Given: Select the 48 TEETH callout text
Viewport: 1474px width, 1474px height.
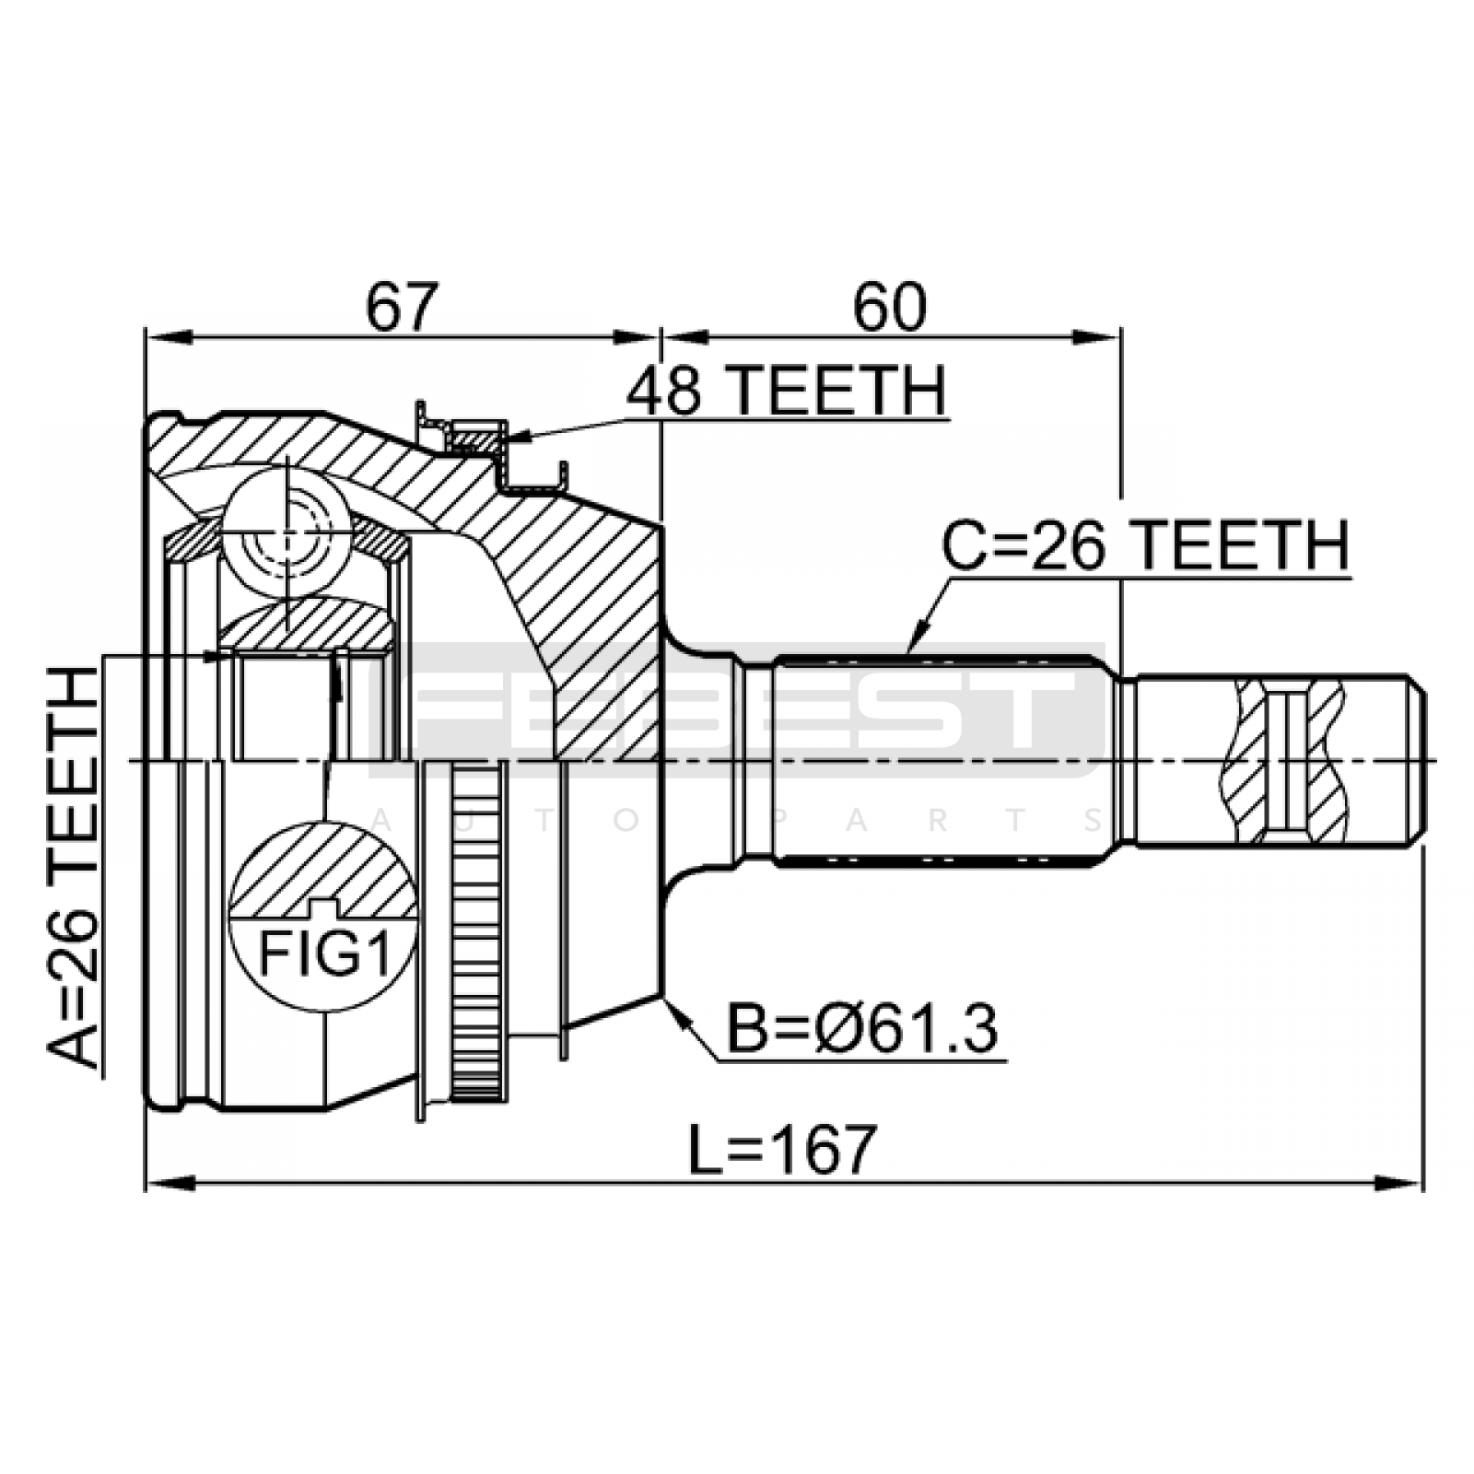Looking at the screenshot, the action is point(786,391).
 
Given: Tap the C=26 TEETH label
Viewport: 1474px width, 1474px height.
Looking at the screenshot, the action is point(1145,546).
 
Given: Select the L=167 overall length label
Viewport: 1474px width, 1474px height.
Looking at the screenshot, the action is point(782,1150).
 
